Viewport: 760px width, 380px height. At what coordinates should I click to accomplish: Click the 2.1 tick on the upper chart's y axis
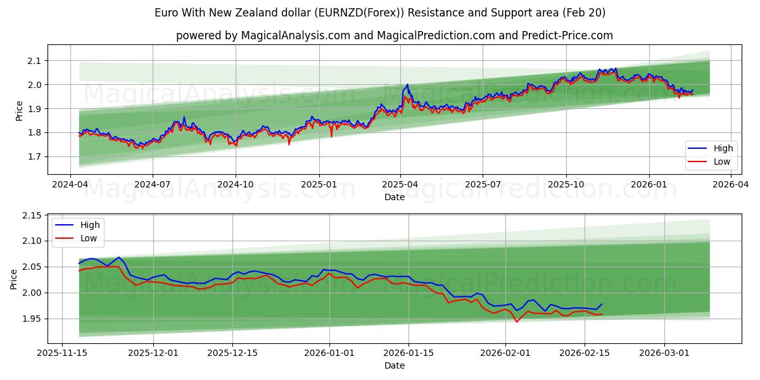coord(33,61)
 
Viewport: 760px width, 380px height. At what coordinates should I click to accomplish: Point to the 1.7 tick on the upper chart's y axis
coord(33,156)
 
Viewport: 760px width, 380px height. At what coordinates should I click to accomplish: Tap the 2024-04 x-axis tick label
coord(70,184)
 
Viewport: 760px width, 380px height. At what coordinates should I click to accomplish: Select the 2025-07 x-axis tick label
coord(483,184)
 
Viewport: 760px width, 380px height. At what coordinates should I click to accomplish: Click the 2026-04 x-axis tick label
coord(731,184)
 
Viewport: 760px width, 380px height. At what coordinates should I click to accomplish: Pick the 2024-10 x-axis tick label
coord(236,184)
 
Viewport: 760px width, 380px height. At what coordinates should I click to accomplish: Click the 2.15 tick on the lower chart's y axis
coord(30,216)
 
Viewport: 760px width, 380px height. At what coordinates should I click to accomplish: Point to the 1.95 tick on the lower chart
coord(30,319)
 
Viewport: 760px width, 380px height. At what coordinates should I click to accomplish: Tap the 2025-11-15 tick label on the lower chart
coord(62,353)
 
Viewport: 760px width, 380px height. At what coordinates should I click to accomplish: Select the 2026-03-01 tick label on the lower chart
coord(664,353)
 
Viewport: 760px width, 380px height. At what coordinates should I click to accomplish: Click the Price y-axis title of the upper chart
coord(19,110)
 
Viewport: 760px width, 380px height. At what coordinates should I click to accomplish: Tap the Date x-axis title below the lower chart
coord(394,365)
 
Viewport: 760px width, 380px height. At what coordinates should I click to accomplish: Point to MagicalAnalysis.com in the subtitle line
coord(295,35)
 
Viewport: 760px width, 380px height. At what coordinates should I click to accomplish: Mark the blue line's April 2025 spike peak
coord(407,84)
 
